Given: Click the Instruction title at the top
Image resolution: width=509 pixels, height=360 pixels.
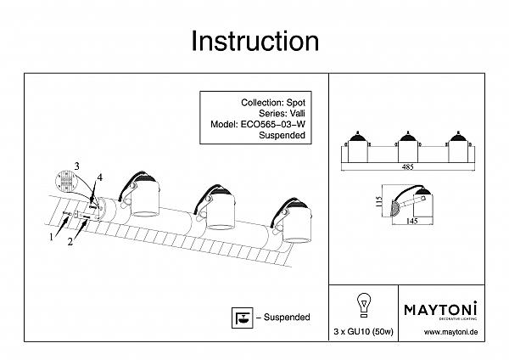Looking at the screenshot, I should [x=255, y=40].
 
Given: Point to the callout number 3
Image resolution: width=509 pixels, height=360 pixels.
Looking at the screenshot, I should [x=76, y=165].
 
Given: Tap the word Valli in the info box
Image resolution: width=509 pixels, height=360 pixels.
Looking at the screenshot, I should [x=294, y=111].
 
